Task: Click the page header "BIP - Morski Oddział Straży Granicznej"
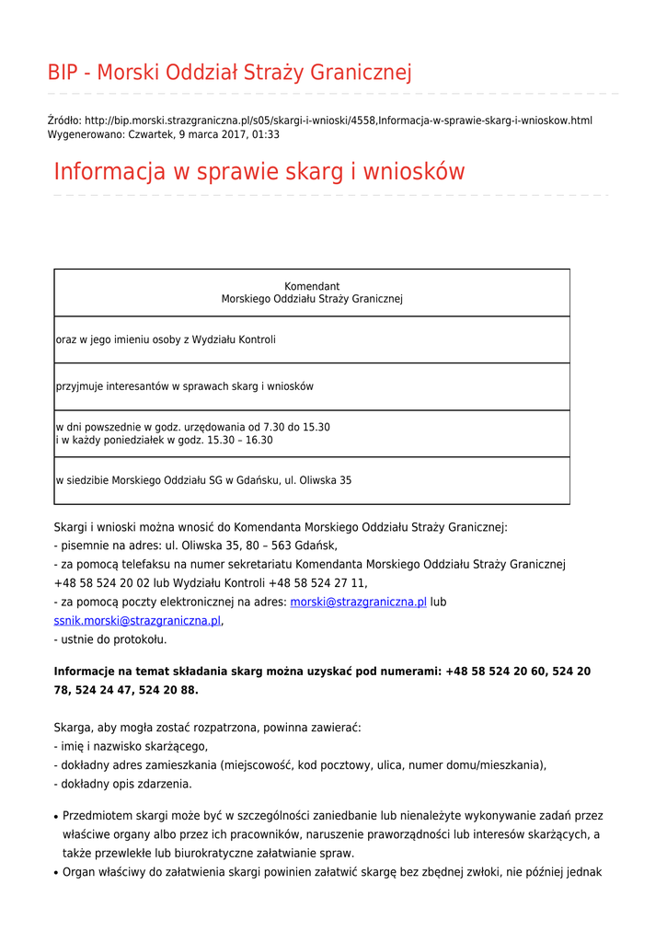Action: pyautogui.click(x=229, y=73)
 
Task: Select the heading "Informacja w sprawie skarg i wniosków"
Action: pyautogui.click(x=259, y=172)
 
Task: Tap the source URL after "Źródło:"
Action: pyautogui.click(x=338, y=121)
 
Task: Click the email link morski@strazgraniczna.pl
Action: pyautogui.click(x=358, y=602)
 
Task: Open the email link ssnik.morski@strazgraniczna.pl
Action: pyautogui.click(x=137, y=621)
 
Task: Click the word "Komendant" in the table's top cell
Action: pyautogui.click(x=312, y=286)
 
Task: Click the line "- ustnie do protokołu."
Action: pyautogui.click(x=110, y=639)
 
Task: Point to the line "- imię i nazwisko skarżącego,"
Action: pyautogui.click(x=131, y=746)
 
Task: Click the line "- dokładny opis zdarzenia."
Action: pyautogui.click(x=122, y=784)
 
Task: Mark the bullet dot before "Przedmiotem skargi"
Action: pyautogui.click(x=56, y=817)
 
